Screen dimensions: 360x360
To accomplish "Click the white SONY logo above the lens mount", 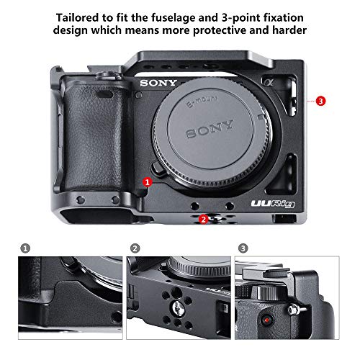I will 157,83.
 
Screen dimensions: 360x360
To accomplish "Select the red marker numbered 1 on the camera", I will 147,183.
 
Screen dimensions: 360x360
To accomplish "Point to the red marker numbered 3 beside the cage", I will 320,102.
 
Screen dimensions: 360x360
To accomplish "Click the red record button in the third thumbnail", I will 267,318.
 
